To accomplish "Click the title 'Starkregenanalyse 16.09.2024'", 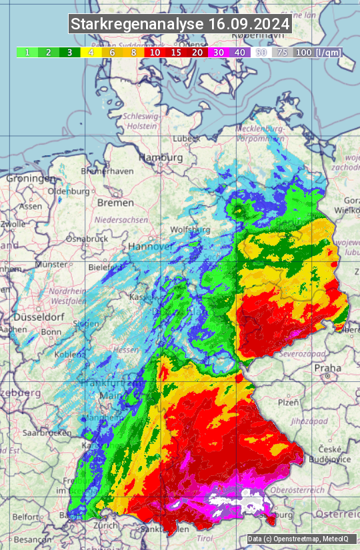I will (180, 25).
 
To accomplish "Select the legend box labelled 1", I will (27, 52).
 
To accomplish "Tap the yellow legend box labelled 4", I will (89, 52).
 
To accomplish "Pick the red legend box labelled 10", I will (155, 52).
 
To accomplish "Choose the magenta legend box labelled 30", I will (218, 52).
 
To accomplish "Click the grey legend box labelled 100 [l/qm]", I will (317, 52).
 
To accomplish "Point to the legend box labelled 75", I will (282, 52).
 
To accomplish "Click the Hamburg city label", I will (160, 158).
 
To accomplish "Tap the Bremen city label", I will (115, 202).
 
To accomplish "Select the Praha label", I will (328, 368).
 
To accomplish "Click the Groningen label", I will (31, 179).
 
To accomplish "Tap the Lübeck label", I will (186, 139).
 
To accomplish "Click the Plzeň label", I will (287, 403).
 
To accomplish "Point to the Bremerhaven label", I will (106, 171).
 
